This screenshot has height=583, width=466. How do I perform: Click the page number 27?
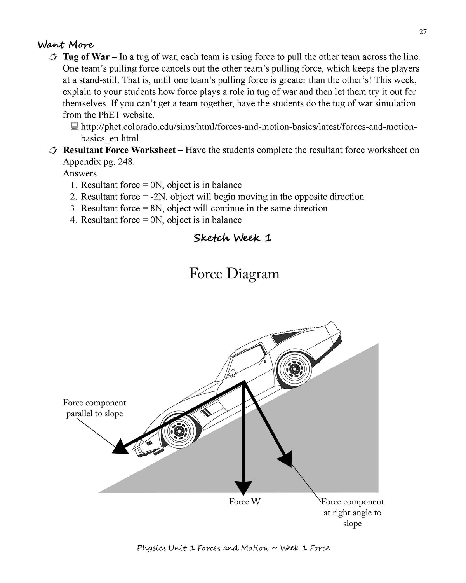pos(423,32)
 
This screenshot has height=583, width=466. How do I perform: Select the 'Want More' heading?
pos(66,45)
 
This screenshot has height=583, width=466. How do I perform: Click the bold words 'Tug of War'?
pos(86,57)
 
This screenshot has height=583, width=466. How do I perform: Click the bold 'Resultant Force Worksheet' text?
pos(119,150)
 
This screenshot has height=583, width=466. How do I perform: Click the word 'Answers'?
pos(80,173)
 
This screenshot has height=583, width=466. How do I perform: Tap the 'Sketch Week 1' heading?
pos(232,238)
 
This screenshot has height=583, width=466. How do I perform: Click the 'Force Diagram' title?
pos(234,274)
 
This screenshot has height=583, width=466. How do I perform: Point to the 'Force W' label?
pos(245,502)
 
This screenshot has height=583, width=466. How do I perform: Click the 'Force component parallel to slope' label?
pos(94,408)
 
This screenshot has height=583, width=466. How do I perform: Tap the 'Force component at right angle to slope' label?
pos(352,513)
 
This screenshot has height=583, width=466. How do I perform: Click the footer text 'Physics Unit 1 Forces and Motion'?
pos(202,548)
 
